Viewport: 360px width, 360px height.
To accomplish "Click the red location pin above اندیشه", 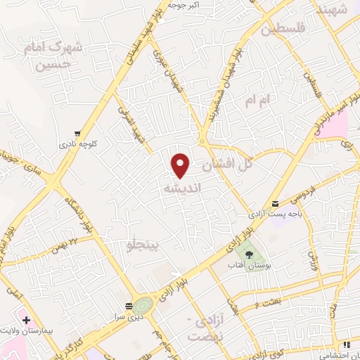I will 181,165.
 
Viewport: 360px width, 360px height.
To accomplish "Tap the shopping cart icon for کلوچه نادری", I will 77,133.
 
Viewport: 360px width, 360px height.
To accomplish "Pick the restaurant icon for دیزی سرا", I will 127,307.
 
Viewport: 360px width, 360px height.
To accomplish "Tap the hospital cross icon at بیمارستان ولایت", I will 26,320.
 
